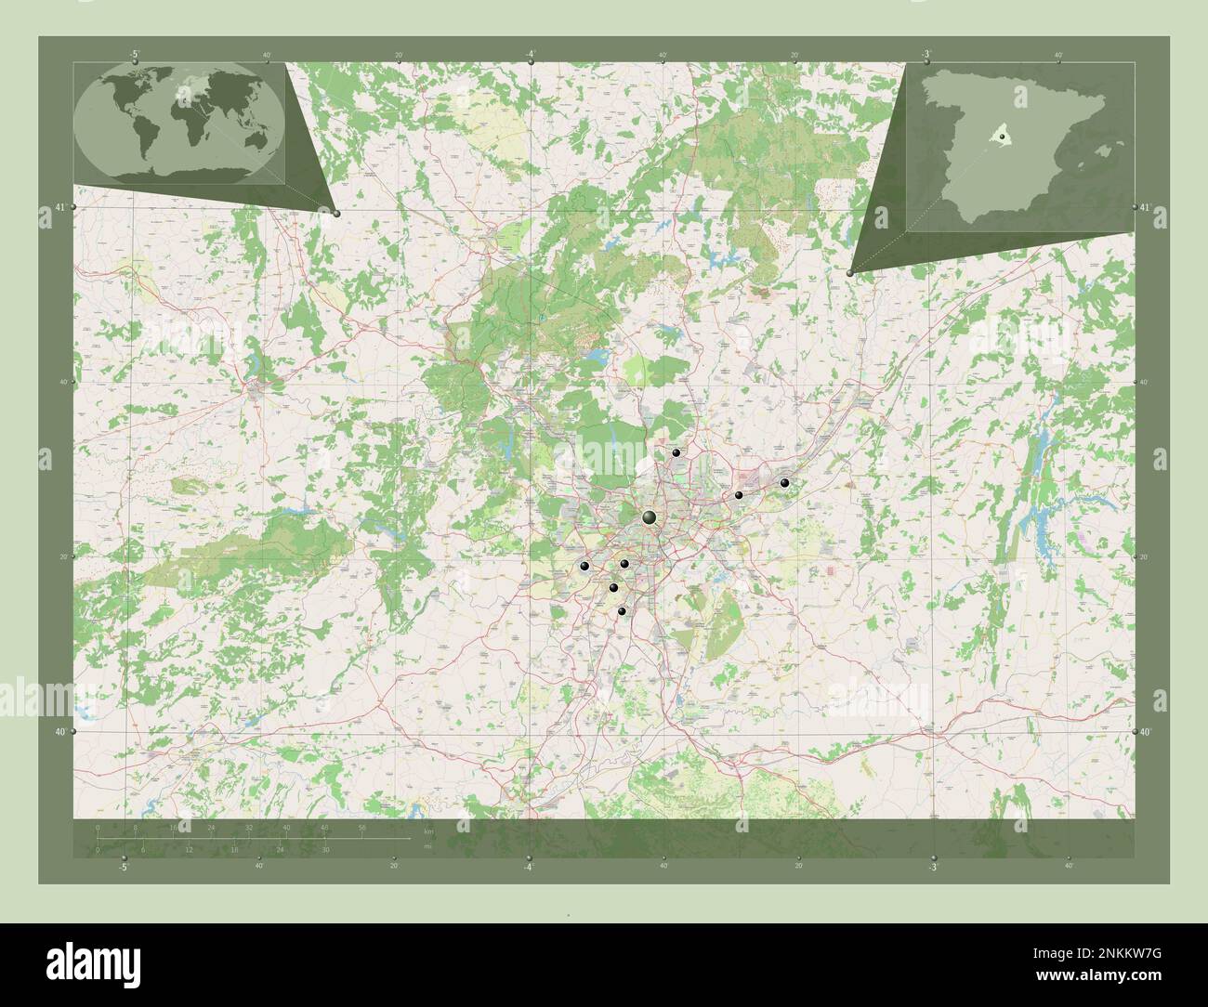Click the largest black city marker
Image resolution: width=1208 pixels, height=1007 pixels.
[650, 517]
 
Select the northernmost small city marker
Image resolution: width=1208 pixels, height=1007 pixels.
[676, 452]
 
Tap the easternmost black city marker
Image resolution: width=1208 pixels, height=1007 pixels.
[784, 483]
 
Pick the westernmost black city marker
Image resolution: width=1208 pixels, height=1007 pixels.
[584, 566]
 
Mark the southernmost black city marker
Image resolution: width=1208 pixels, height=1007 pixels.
[622, 610]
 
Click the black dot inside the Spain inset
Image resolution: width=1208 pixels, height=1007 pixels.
[1003, 137]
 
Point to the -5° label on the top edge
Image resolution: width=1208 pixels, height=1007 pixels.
[136, 55]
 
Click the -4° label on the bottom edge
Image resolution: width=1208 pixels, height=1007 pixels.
[528, 867]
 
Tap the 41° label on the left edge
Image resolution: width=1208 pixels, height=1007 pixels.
[59, 207]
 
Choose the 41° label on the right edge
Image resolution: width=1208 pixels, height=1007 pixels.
[1146, 208]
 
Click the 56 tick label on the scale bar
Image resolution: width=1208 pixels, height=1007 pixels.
[362, 827]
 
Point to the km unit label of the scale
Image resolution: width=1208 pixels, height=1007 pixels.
[428, 830]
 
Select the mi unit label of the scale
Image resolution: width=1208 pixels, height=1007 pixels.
[427, 846]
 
